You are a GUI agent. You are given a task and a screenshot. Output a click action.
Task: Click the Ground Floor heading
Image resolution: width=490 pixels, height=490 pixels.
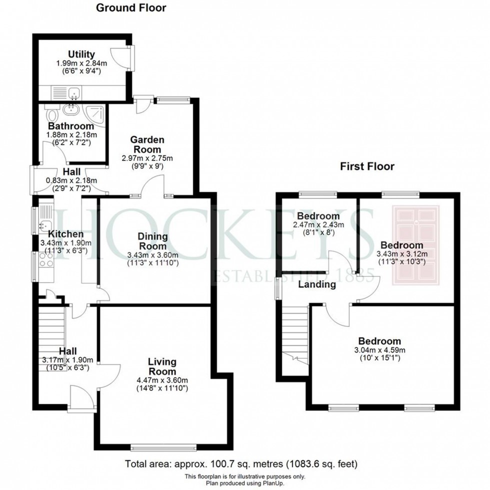tap(131, 7)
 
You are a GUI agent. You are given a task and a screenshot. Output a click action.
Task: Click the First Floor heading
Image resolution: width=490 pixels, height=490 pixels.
tap(367, 166)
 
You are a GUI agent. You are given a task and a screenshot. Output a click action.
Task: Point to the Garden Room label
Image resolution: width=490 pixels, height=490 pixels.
tap(147, 144)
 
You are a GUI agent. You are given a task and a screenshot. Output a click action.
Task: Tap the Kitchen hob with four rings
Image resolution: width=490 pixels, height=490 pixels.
tap(46, 259)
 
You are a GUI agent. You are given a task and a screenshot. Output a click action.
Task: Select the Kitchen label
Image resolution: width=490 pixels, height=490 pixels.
tap(65, 234)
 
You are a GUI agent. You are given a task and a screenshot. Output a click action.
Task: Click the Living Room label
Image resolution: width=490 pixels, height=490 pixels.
tap(162, 366)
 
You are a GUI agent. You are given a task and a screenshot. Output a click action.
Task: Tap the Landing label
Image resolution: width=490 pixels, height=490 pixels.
tap(317, 284)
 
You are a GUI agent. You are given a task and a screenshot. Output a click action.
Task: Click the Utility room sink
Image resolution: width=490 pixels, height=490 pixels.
tap(74, 92)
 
